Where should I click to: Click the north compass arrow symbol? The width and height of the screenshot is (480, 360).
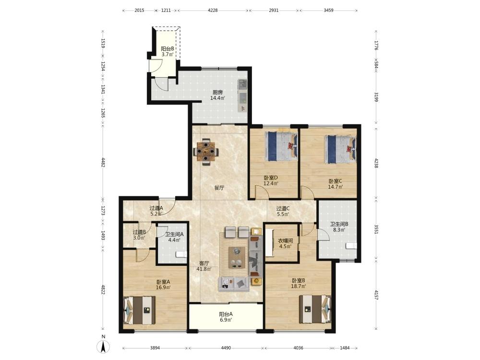click(103, 347)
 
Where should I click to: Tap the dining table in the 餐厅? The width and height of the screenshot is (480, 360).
click(206, 152)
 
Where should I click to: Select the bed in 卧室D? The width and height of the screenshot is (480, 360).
click(281, 146)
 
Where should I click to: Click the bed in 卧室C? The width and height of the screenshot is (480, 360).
click(341, 149)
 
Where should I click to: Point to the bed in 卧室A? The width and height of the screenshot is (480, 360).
click(140, 311)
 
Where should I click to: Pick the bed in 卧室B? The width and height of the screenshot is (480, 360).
click(315, 309)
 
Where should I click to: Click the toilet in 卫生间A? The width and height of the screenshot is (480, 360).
click(181, 254)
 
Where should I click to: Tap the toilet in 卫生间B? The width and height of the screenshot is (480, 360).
click(351, 245)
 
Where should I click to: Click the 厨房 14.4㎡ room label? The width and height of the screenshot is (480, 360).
click(217, 95)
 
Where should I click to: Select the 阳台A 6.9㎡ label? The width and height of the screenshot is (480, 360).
click(226, 317)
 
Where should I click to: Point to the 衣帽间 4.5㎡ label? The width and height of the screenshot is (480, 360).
click(285, 243)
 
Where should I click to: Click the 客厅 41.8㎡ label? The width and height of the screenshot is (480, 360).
click(204, 266)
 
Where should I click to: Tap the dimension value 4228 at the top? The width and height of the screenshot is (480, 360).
click(213, 10)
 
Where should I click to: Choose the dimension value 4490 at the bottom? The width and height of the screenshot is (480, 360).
click(226, 348)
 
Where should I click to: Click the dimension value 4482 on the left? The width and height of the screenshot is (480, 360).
click(103, 162)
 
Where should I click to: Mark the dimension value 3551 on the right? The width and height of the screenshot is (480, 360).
click(376, 229)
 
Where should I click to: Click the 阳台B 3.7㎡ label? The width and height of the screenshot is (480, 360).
click(168, 51)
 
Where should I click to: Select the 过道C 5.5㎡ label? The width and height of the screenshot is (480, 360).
click(283, 211)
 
